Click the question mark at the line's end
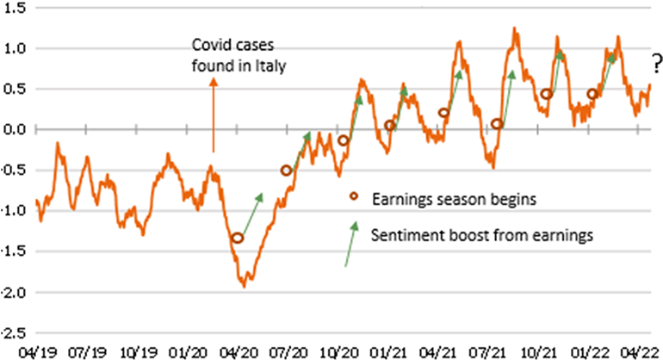(x=656, y=62)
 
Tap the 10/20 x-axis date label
(x=339, y=351)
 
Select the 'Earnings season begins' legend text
(x=454, y=200)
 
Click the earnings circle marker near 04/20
(x=238, y=239)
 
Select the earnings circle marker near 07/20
(x=287, y=171)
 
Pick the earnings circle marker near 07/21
(x=497, y=124)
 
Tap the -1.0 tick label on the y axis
(x=15, y=210)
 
